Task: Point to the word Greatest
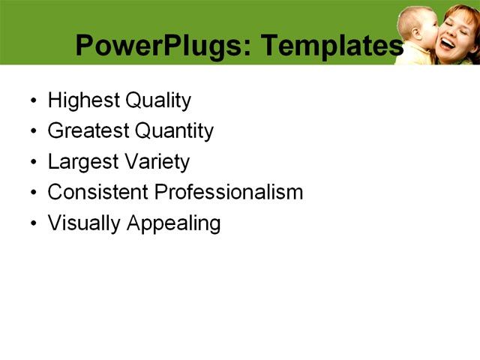(88, 131)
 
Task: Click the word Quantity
(174, 131)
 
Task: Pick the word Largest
(80, 162)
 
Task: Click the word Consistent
(97, 192)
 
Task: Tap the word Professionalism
(229, 192)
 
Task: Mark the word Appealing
(173, 223)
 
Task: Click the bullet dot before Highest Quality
(32, 101)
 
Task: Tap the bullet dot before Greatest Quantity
(32, 132)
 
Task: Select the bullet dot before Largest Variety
(32, 163)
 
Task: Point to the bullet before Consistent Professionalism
(32, 193)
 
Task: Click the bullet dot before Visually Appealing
(32, 223)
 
